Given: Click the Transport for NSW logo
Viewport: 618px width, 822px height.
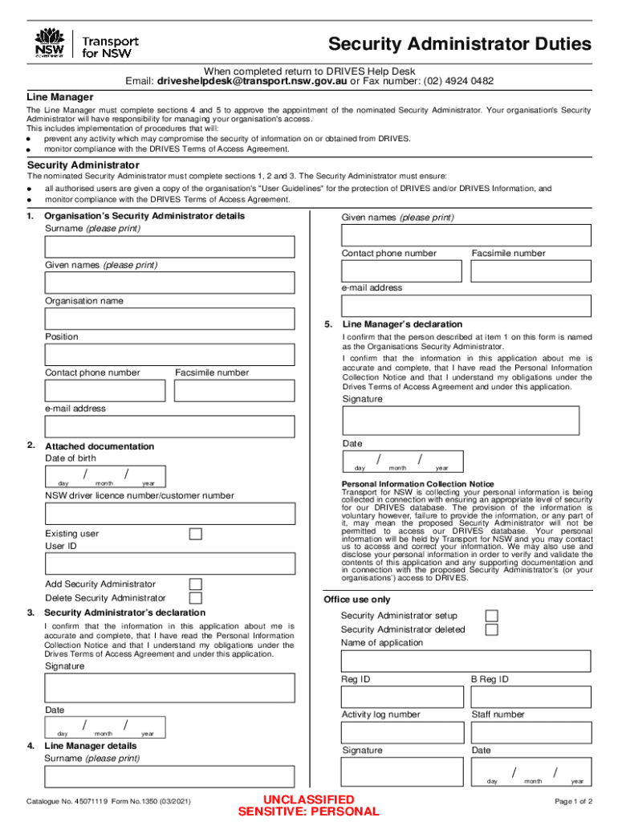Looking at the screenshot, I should (x=87, y=44).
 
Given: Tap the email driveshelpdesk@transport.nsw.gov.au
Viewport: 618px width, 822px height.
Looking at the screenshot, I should (x=252, y=81).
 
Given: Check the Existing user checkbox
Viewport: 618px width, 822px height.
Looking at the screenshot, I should (x=195, y=534).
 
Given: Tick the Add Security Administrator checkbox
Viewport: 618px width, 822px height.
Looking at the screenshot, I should (x=195, y=584).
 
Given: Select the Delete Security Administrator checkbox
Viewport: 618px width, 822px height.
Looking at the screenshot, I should (x=195, y=598).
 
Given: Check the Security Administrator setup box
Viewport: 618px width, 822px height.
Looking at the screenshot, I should (x=491, y=616).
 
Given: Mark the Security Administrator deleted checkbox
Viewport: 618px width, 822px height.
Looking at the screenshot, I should (x=491, y=629).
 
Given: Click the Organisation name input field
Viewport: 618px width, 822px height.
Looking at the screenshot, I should (x=169, y=318).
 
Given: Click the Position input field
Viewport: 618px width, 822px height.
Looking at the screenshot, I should (x=169, y=354).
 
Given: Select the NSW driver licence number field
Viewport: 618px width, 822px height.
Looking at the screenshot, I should (x=169, y=514).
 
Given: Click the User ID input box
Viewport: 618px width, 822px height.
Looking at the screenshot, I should (x=169, y=563).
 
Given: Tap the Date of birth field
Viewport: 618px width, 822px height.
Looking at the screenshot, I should (x=105, y=476).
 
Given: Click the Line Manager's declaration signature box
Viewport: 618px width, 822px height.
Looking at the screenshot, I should (x=460, y=420).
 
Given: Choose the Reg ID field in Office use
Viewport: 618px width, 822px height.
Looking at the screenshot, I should (x=402, y=698).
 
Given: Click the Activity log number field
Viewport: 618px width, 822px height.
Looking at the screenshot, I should (x=402, y=732).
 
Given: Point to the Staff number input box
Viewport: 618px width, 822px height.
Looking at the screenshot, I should (x=531, y=732).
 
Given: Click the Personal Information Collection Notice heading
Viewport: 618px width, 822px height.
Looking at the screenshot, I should (x=417, y=484).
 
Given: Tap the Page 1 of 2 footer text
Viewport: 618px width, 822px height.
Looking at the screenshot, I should (x=573, y=801).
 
